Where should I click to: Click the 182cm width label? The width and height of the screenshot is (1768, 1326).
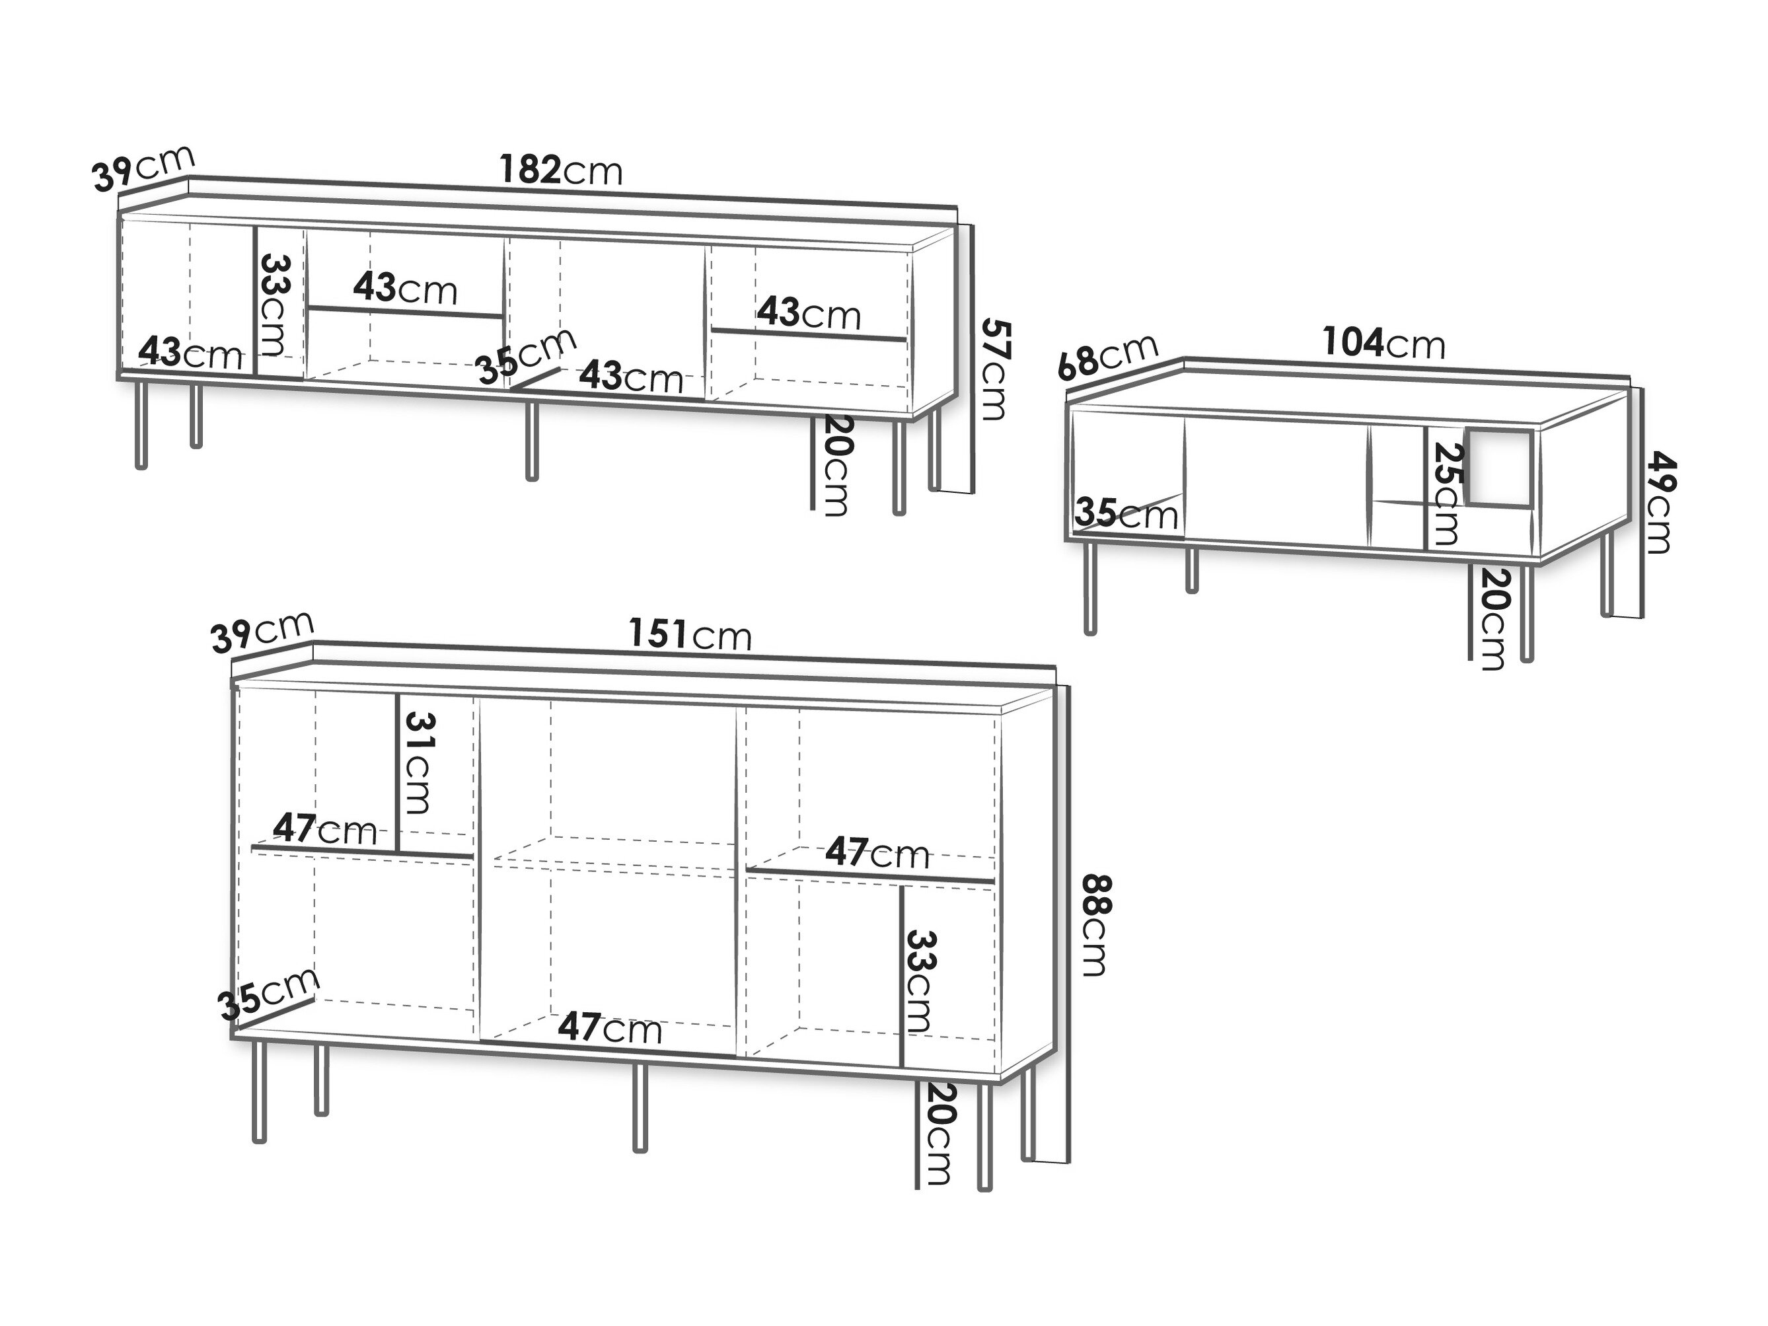561,170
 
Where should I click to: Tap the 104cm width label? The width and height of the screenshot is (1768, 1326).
1384,343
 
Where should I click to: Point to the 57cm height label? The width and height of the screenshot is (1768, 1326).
994,369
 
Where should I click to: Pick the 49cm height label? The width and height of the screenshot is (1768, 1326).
1658,503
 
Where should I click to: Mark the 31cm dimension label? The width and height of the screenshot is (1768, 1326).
419,762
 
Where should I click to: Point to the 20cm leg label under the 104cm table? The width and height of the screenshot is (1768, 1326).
1491,618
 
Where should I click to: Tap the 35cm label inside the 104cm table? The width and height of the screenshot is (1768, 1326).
1127,514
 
